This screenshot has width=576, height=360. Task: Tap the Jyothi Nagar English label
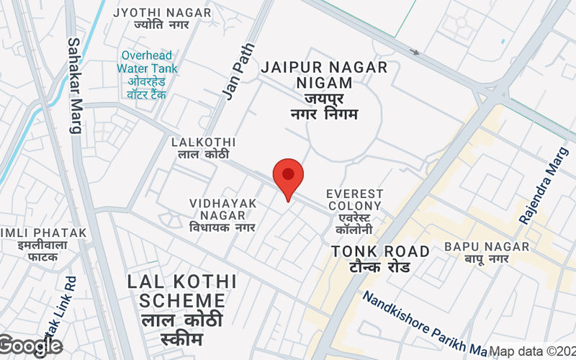(163, 13)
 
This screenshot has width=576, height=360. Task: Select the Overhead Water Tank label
(148, 62)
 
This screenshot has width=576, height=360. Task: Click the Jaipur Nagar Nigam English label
(325, 75)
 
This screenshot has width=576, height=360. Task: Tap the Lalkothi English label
(203, 143)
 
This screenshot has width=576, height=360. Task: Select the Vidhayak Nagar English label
(223, 209)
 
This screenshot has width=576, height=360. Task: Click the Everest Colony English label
(354, 200)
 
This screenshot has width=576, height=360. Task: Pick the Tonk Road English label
(380, 251)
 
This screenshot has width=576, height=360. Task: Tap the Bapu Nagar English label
(487, 247)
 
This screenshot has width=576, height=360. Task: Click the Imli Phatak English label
(43, 233)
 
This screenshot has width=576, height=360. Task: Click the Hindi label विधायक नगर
(223, 228)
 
